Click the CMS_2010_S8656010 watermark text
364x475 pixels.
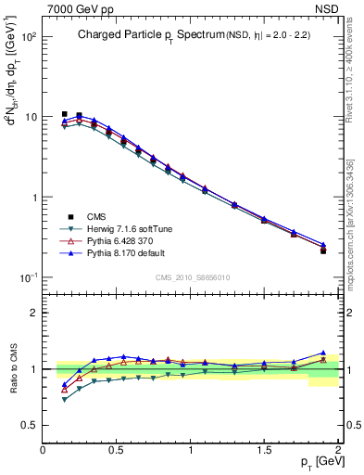[x=193, y=276]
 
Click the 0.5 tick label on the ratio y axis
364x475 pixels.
[x=30, y=425]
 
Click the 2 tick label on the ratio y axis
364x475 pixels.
[x=34, y=313]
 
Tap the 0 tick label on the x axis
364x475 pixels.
[x=44, y=449]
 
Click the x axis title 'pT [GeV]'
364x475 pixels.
[x=317, y=461]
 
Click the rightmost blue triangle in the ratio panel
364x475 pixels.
[x=323, y=353]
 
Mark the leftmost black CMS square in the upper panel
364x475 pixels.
[x=64, y=114]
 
